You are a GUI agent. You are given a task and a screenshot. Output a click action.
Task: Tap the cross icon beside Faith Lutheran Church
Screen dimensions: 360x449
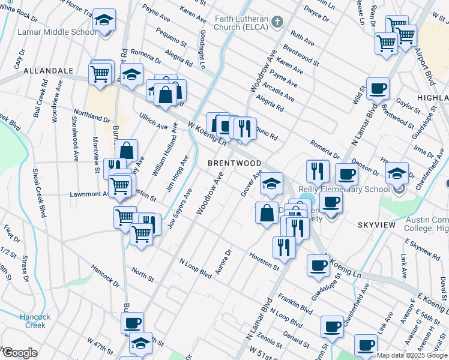coord(277,22)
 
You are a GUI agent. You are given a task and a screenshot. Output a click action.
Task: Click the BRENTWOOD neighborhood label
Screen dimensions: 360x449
coord(234,163)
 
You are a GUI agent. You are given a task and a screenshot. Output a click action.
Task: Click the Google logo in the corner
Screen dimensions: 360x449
coord(19,353)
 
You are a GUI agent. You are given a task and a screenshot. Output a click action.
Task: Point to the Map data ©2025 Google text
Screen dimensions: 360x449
coord(412,355)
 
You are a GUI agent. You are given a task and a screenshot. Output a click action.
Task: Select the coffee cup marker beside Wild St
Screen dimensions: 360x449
coord(378,89)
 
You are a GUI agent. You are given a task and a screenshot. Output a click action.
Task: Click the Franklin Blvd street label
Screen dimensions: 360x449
coord(296,303)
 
